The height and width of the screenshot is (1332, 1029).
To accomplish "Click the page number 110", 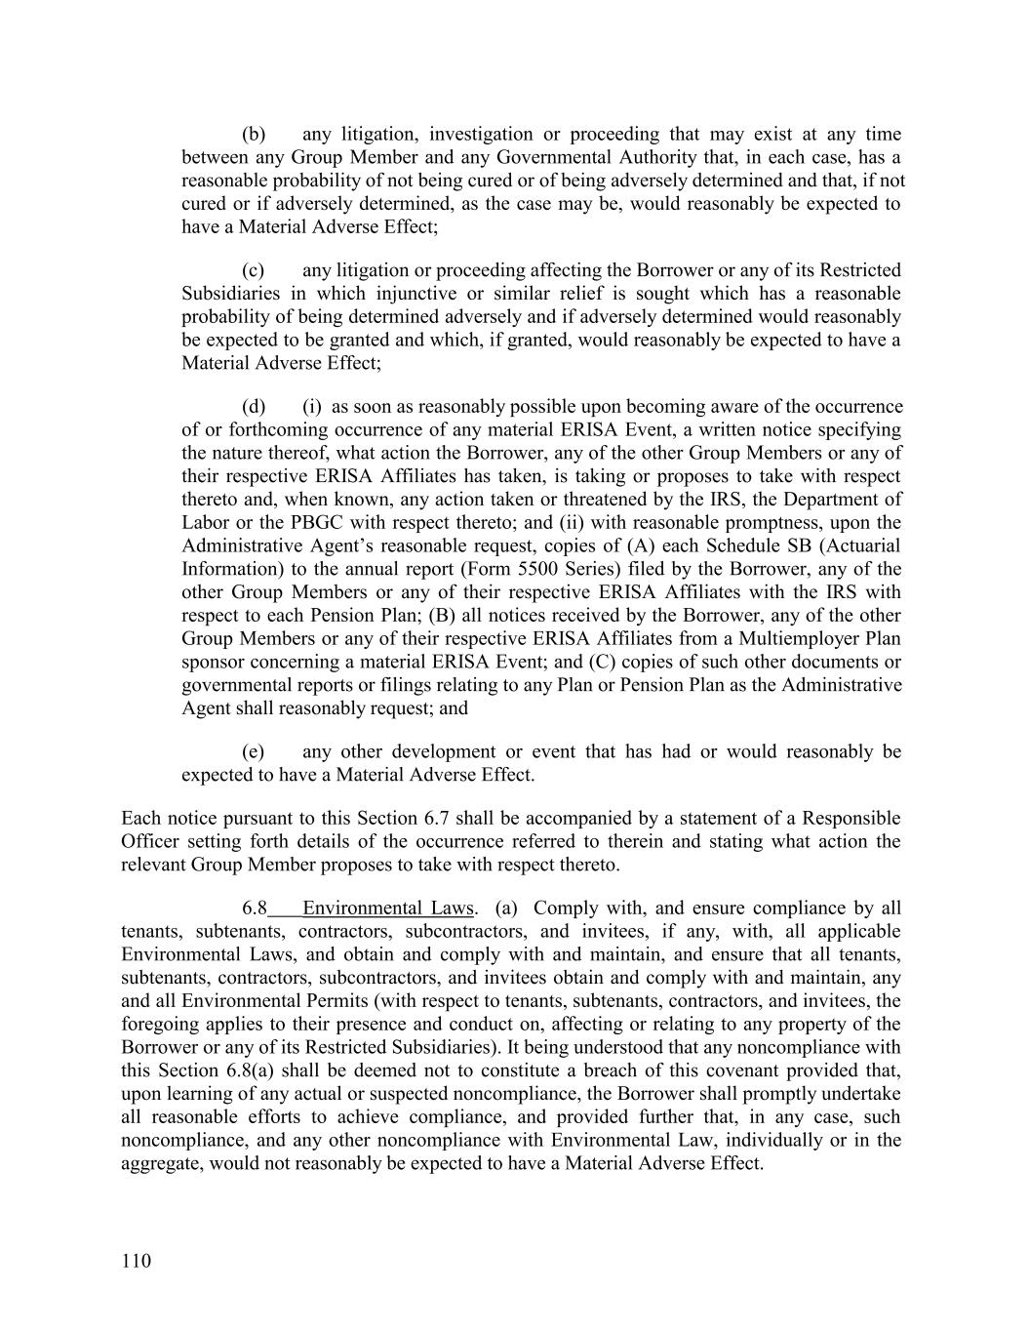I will click(x=137, y=1262).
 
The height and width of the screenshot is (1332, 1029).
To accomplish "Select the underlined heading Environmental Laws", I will click(x=388, y=908).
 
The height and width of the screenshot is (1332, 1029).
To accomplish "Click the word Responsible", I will click(x=850, y=819).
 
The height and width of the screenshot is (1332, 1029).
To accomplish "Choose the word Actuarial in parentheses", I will click(x=859, y=546).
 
